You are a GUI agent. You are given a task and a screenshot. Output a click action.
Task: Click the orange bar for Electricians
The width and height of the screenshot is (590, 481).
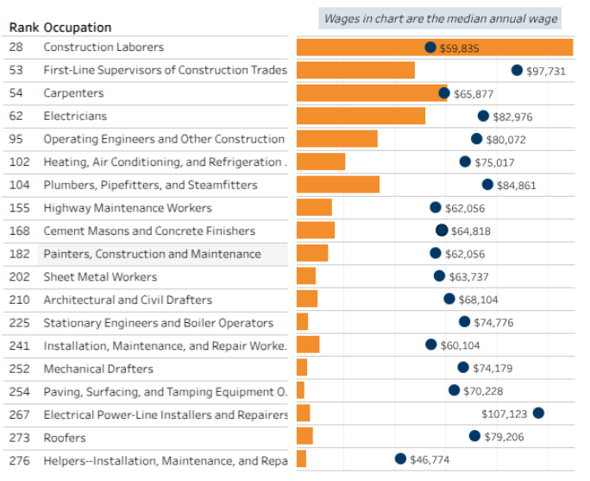point(361,116)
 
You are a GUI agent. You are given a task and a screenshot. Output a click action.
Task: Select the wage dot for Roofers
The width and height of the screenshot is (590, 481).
point(474,436)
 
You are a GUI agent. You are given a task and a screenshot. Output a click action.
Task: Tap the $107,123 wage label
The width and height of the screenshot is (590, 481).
point(504,414)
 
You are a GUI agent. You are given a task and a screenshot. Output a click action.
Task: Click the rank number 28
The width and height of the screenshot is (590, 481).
point(16,47)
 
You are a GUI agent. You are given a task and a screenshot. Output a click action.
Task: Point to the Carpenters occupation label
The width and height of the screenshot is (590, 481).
point(73,93)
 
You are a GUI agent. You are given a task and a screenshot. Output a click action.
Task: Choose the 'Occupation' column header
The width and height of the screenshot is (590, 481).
point(77,28)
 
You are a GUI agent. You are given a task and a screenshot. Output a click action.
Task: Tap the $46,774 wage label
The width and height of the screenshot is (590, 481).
point(430,459)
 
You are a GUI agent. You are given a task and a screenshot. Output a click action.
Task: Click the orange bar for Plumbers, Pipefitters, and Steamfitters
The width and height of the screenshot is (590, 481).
point(337,185)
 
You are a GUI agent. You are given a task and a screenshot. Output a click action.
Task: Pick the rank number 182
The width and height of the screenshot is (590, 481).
point(19,254)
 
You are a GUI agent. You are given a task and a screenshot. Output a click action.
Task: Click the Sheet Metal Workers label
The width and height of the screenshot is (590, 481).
point(100,277)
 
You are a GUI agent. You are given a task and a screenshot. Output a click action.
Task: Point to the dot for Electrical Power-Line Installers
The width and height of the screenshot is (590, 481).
point(538,413)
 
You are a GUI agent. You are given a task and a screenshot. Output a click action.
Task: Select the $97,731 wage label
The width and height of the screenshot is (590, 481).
point(545,71)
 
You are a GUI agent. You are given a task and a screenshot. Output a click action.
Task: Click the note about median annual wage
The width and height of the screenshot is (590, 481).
point(440,18)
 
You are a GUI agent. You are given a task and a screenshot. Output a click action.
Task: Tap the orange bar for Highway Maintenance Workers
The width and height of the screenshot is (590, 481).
point(314,207)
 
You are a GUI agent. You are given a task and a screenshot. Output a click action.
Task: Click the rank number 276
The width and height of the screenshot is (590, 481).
point(19,460)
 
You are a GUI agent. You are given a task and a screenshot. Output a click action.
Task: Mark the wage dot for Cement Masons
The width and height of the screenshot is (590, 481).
point(442,230)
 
